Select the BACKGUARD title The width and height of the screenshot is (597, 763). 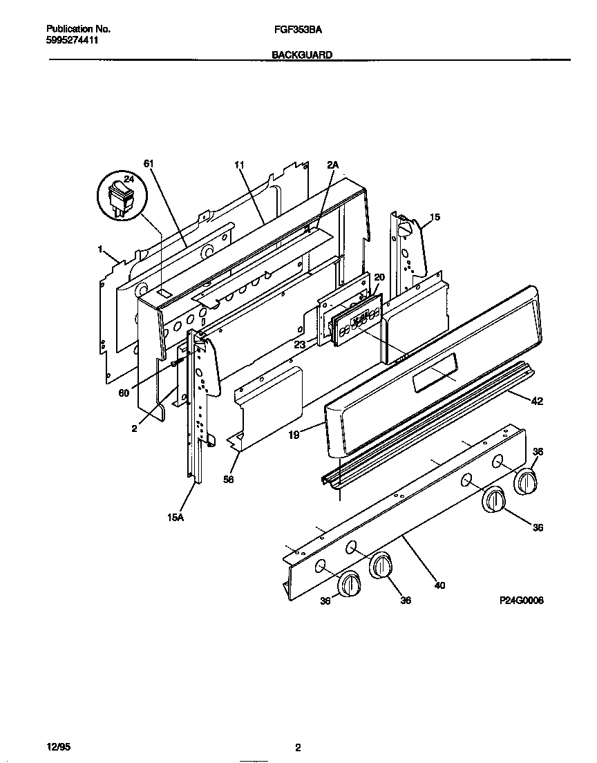(301, 54)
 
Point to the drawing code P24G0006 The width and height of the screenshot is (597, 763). (521, 601)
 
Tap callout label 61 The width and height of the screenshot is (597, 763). (149, 164)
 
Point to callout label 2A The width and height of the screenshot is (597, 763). (333, 164)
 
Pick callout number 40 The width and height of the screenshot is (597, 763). (439, 585)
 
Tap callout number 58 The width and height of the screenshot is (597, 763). (229, 478)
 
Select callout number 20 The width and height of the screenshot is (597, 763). (379, 277)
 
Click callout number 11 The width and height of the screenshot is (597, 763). (239, 164)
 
